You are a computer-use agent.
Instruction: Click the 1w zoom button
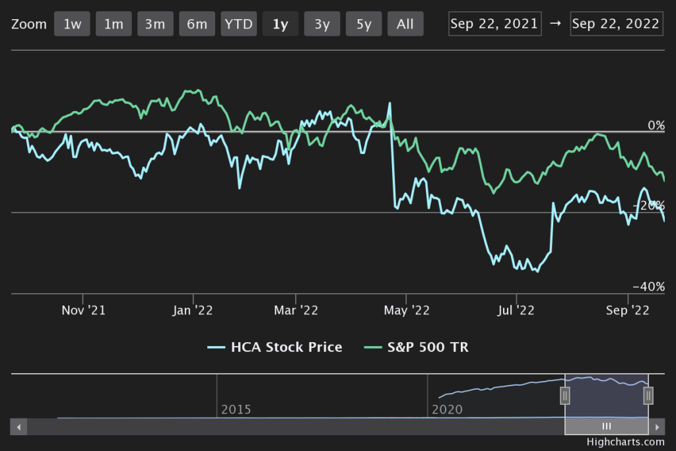(x=73, y=24)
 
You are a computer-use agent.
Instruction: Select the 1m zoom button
(x=114, y=24)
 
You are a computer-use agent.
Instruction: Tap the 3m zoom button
(x=155, y=24)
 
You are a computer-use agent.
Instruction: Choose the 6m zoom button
(x=197, y=24)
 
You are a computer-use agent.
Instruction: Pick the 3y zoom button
(x=322, y=24)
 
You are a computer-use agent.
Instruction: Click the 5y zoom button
(x=364, y=24)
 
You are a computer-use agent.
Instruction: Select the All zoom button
(x=405, y=24)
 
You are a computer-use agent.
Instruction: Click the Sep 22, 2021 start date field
(x=495, y=24)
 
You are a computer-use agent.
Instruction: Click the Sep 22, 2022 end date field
(x=616, y=24)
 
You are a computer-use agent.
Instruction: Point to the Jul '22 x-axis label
(x=516, y=310)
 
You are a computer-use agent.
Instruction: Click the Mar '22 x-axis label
(x=295, y=310)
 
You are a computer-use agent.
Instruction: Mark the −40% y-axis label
(x=648, y=287)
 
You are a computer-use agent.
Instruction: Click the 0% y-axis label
(x=656, y=125)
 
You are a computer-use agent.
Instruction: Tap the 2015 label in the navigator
(x=236, y=409)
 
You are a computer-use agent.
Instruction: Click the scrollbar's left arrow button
(x=18, y=427)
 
